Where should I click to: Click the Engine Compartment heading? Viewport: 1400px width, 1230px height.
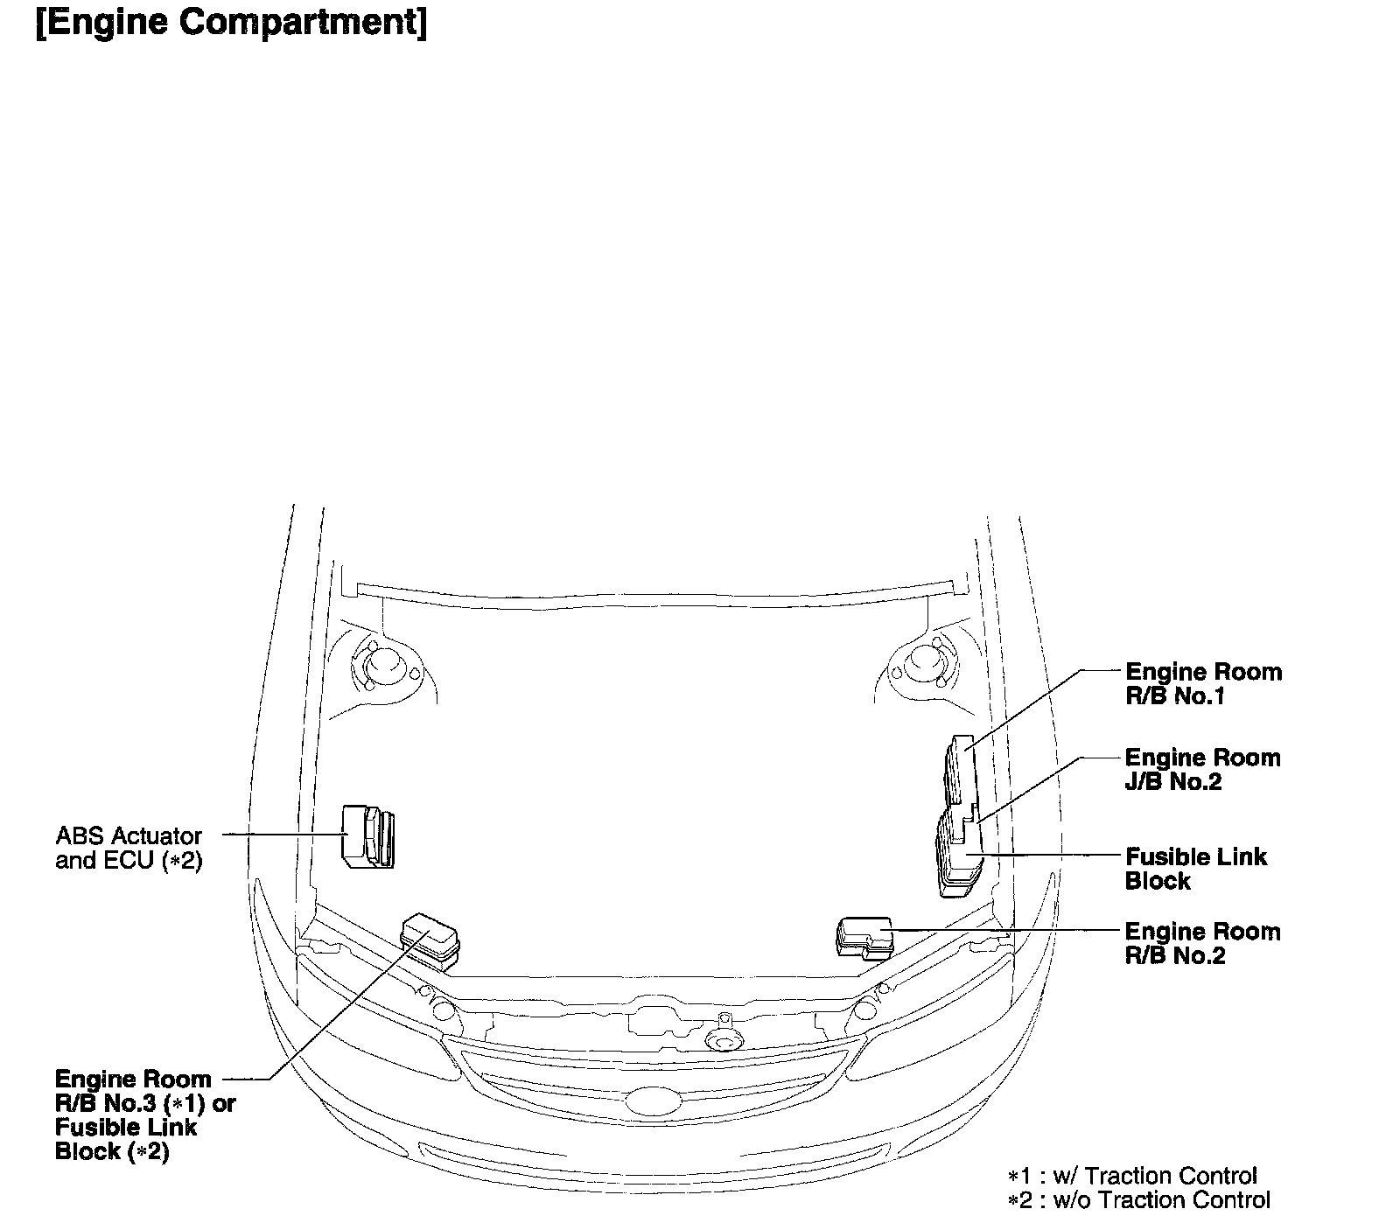click(x=231, y=24)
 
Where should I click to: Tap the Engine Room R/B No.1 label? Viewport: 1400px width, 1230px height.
click(x=1203, y=684)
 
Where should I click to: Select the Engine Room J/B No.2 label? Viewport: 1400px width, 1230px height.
click(x=1202, y=769)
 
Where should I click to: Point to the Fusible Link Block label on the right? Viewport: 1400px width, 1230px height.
click(x=1195, y=869)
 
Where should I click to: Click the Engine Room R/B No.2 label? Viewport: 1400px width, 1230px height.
click(x=1202, y=943)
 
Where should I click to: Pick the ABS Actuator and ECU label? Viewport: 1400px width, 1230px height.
click(x=129, y=848)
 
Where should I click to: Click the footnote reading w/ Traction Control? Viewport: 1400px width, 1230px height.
click(x=1132, y=1176)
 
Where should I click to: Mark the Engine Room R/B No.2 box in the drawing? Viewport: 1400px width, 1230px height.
click(x=864, y=937)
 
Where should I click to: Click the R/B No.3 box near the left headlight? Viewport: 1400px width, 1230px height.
click(x=430, y=939)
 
